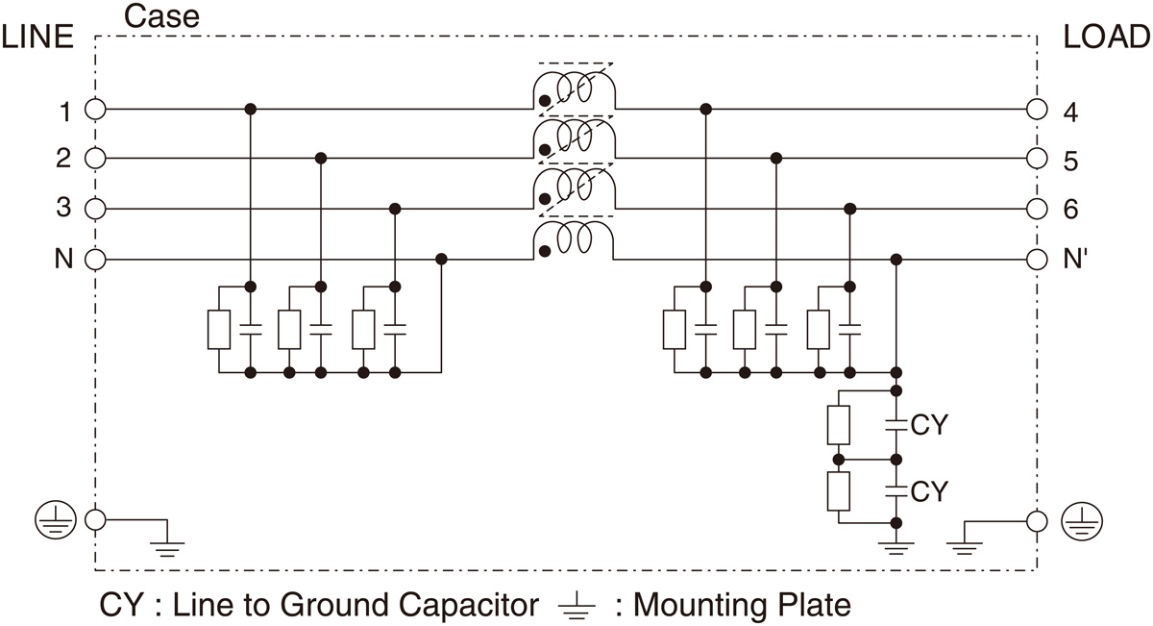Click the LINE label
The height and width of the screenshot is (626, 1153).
[38, 37]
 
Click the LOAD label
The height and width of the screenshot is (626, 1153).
[1107, 37]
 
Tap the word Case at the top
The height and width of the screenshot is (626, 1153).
[162, 16]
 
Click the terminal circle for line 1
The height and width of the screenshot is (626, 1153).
[95, 110]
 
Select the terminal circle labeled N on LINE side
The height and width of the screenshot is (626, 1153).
[95, 260]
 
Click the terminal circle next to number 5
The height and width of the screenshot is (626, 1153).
[1037, 159]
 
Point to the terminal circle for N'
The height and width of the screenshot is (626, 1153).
[1037, 260]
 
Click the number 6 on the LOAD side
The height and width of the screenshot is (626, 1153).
[1071, 210]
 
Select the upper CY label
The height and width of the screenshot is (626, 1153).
[929, 425]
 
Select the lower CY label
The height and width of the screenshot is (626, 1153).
[929, 492]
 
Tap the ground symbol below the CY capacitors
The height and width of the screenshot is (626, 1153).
[895, 548]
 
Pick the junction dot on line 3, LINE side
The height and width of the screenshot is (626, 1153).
[394, 209]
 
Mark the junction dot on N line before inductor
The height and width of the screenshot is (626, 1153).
[441, 259]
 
